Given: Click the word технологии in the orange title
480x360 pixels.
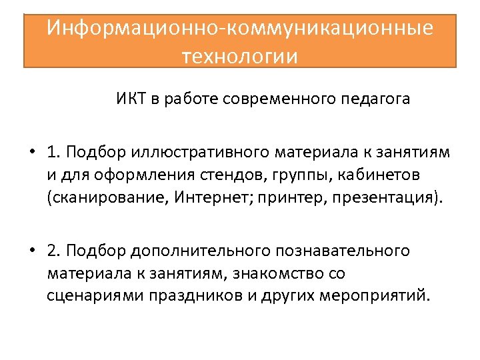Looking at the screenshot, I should (x=240, y=55).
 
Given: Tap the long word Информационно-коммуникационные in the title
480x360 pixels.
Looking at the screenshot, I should (x=240, y=28).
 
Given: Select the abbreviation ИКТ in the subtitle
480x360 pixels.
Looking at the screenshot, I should (x=129, y=100).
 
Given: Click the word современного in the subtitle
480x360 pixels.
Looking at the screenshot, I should (x=278, y=100).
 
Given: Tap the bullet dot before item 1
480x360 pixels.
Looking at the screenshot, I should (x=32, y=152).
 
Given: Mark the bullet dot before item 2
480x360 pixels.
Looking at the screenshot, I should (x=32, y=251).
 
